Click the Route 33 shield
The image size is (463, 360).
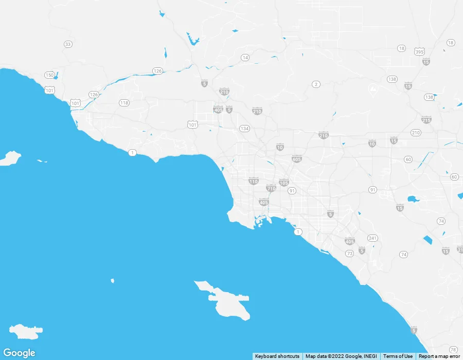(68, 44)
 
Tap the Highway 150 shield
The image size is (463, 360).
(49, 75)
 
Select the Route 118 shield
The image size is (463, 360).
(124, 103)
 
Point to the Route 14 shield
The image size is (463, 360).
(245, 58)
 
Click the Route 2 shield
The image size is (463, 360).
(316, 84)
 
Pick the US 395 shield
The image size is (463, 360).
(419, 51)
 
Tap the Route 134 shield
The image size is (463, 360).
(244, 129)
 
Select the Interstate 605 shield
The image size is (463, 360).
(297, 159)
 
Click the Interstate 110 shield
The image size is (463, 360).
(254, 181)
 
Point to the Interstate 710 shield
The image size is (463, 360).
(271, 188)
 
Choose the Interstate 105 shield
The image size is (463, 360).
(284, 183)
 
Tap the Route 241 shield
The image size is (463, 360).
(372, 239)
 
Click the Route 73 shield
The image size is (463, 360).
(350, 254)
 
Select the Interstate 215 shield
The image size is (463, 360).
(426, 120)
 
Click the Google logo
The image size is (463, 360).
(19, 353)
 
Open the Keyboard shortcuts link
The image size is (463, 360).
(277, 356)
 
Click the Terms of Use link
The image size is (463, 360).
(398, 356)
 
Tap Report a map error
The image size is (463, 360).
(439, 356)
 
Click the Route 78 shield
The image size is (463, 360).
(453, 350)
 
